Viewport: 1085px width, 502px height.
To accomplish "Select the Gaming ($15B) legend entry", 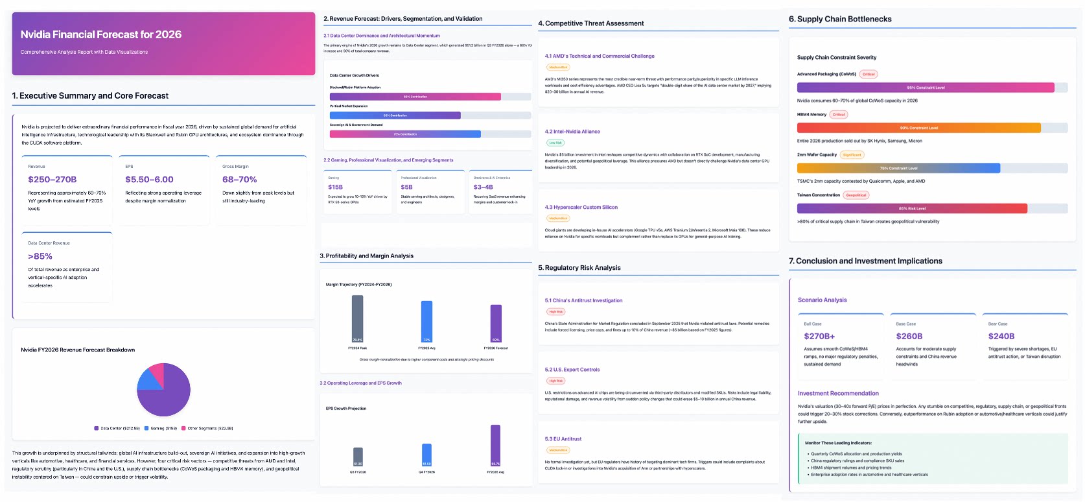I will (x=161, y=428).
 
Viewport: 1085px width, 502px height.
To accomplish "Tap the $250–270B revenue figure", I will (x=52, y=180).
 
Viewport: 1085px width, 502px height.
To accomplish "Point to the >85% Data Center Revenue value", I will (x=40, y=256).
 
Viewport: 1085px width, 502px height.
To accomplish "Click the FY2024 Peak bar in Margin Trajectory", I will (x=357, y=318).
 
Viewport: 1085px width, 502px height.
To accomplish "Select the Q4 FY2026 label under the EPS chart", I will (x=426, y=472).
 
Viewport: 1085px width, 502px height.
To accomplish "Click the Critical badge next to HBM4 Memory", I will (x=839, y=115).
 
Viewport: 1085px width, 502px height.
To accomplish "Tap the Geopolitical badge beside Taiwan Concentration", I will (x=856, y=195).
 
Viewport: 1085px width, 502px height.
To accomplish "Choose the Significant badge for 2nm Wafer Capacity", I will (x=852, y=155).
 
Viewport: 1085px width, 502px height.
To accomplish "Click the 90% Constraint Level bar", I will (x=918, y=128).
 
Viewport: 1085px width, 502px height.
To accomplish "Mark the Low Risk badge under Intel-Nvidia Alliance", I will (x=555, y=143).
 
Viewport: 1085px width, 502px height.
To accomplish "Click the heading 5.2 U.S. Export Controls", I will (x=572, y=370).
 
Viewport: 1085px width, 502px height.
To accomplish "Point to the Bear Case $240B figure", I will (x=1001, y=336).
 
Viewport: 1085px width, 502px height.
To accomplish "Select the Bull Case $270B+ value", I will (x=819, y=336).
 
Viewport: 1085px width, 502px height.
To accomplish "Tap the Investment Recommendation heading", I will (x=838, y=393).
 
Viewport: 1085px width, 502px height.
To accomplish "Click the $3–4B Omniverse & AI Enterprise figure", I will (x=483, y=187).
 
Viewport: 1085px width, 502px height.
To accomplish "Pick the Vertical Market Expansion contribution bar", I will (x=395, y=115).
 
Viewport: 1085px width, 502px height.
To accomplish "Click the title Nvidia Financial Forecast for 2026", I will (x=101, y=34).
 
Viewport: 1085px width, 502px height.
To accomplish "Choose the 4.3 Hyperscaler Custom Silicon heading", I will (x=581, y=208).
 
